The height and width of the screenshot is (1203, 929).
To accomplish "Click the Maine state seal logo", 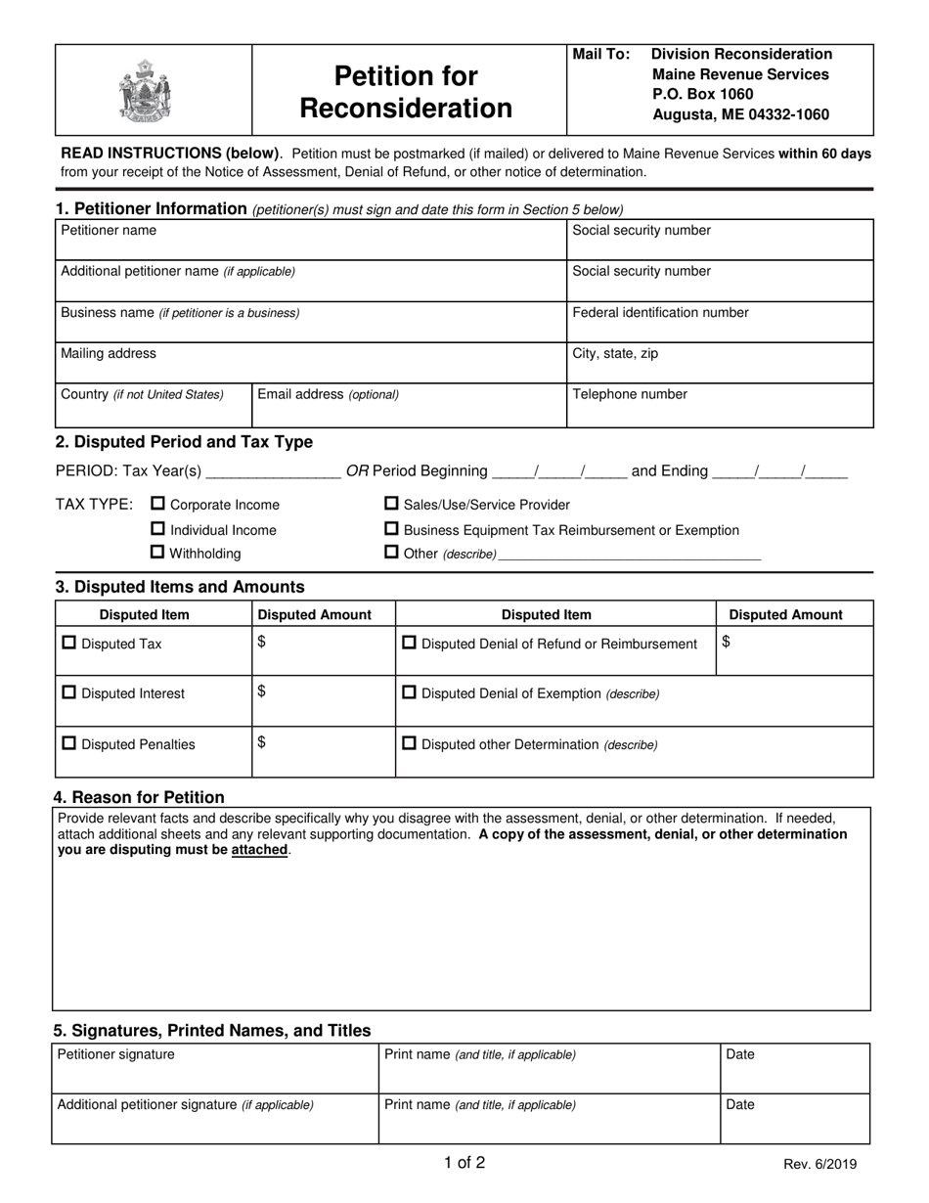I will (x=144, y=90).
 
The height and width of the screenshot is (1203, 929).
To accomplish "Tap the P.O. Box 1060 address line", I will (x=702, y=94).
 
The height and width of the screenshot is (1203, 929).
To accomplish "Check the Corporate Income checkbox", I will (x=157, y=504).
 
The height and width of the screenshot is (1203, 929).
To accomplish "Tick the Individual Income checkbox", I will (x=157, y=529).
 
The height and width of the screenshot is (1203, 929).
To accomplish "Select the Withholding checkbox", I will (x=157, y=553).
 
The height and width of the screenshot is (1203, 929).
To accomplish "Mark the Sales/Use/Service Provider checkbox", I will (x=391, y=504).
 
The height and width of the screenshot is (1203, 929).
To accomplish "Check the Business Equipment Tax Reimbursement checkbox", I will (x=391, y=529).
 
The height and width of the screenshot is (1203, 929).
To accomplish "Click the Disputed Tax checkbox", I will (x=68, y=644).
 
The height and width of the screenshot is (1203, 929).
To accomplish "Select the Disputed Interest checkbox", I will (x=68, y=692).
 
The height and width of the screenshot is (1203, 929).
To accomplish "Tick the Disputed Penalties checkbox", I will (x=68, y=743).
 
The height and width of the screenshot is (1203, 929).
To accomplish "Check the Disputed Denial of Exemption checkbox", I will (x=410, y=692).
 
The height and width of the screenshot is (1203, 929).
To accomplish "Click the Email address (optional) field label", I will (x=328, y=394).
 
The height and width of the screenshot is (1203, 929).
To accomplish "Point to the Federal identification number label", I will (x=660, y=312).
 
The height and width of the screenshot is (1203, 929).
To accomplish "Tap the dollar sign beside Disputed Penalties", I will (x=261, y=742).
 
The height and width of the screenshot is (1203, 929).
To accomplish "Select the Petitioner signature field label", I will (x=116, y=1054).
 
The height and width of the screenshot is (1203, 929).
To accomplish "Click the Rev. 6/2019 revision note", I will (x=819, y=1164).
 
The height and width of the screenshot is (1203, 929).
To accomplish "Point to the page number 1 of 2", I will (x=464, y=1163).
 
